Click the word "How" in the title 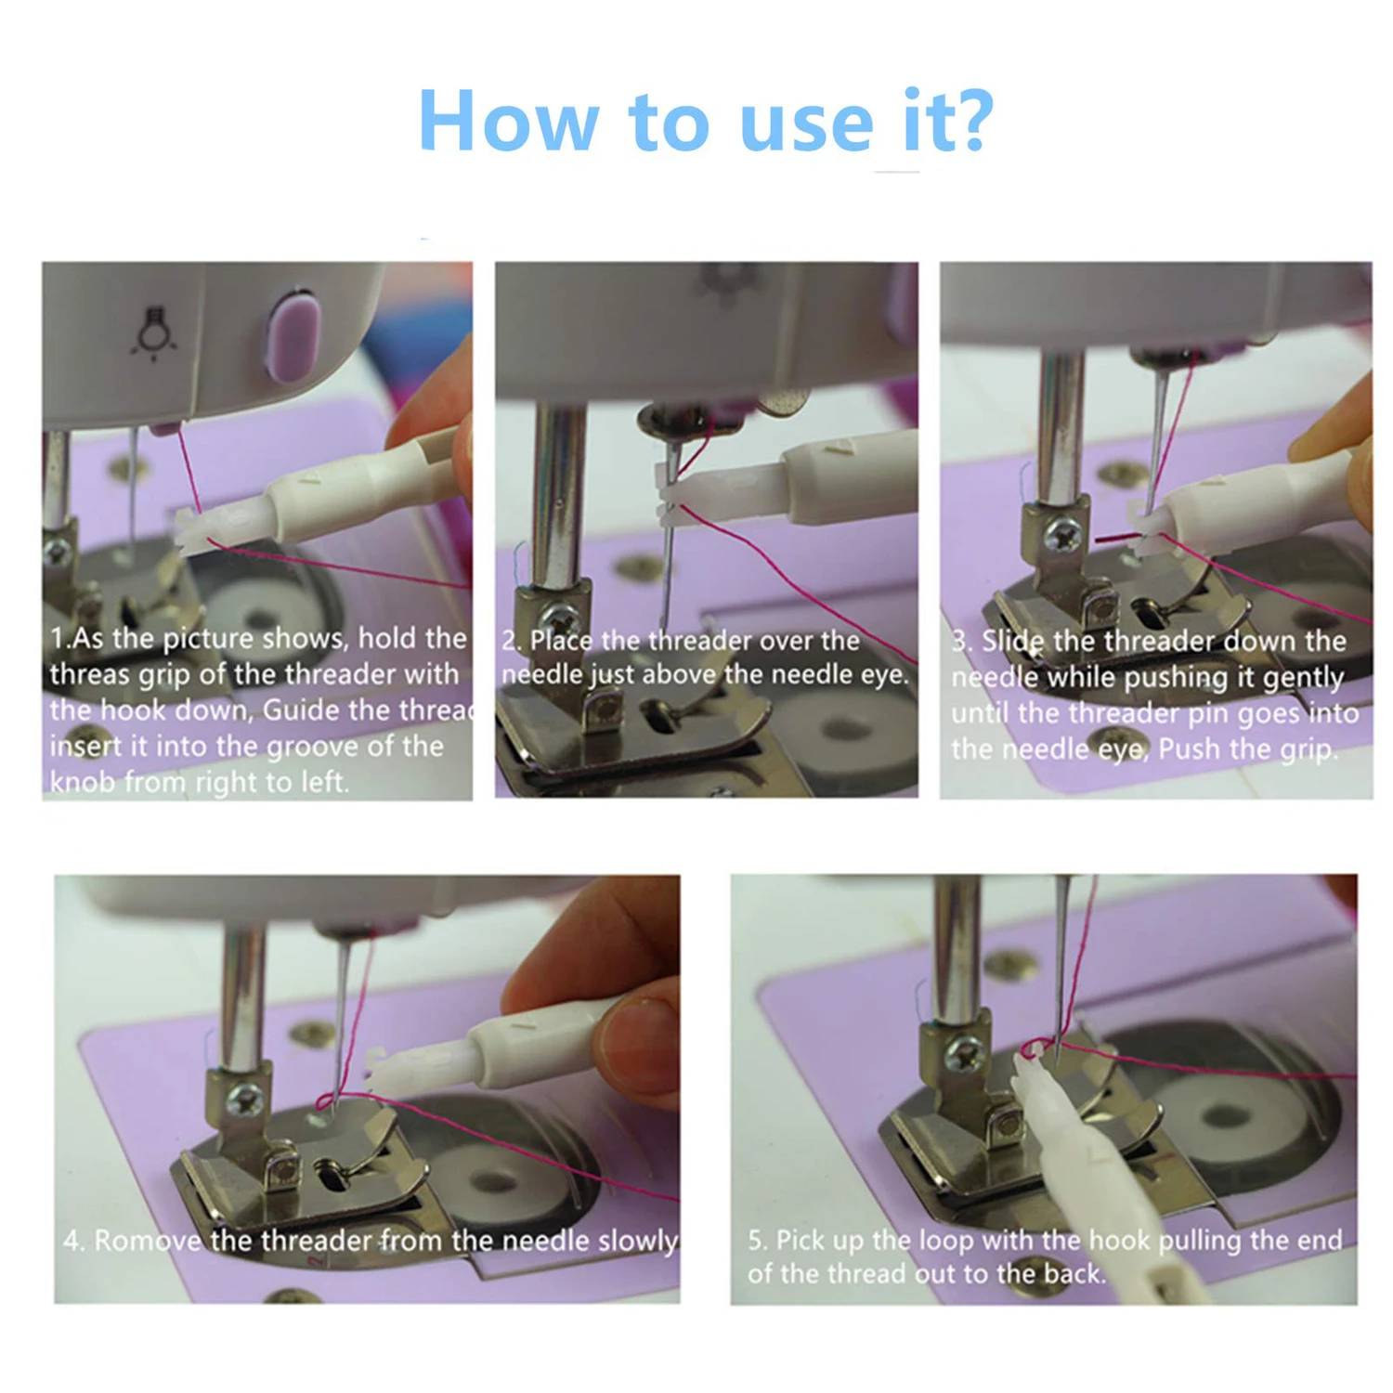click(x=509, y=121)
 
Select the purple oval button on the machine click(x=293, y=336)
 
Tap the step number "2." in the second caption click(x=512, y=641)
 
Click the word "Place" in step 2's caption click(x=561, y=641)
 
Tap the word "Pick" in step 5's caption click(x=800, y=1240)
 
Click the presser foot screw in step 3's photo click(x=1062, y=534)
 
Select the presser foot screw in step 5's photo click(x=966, y=1052)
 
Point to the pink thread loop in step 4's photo click(x=327, y=1102)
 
